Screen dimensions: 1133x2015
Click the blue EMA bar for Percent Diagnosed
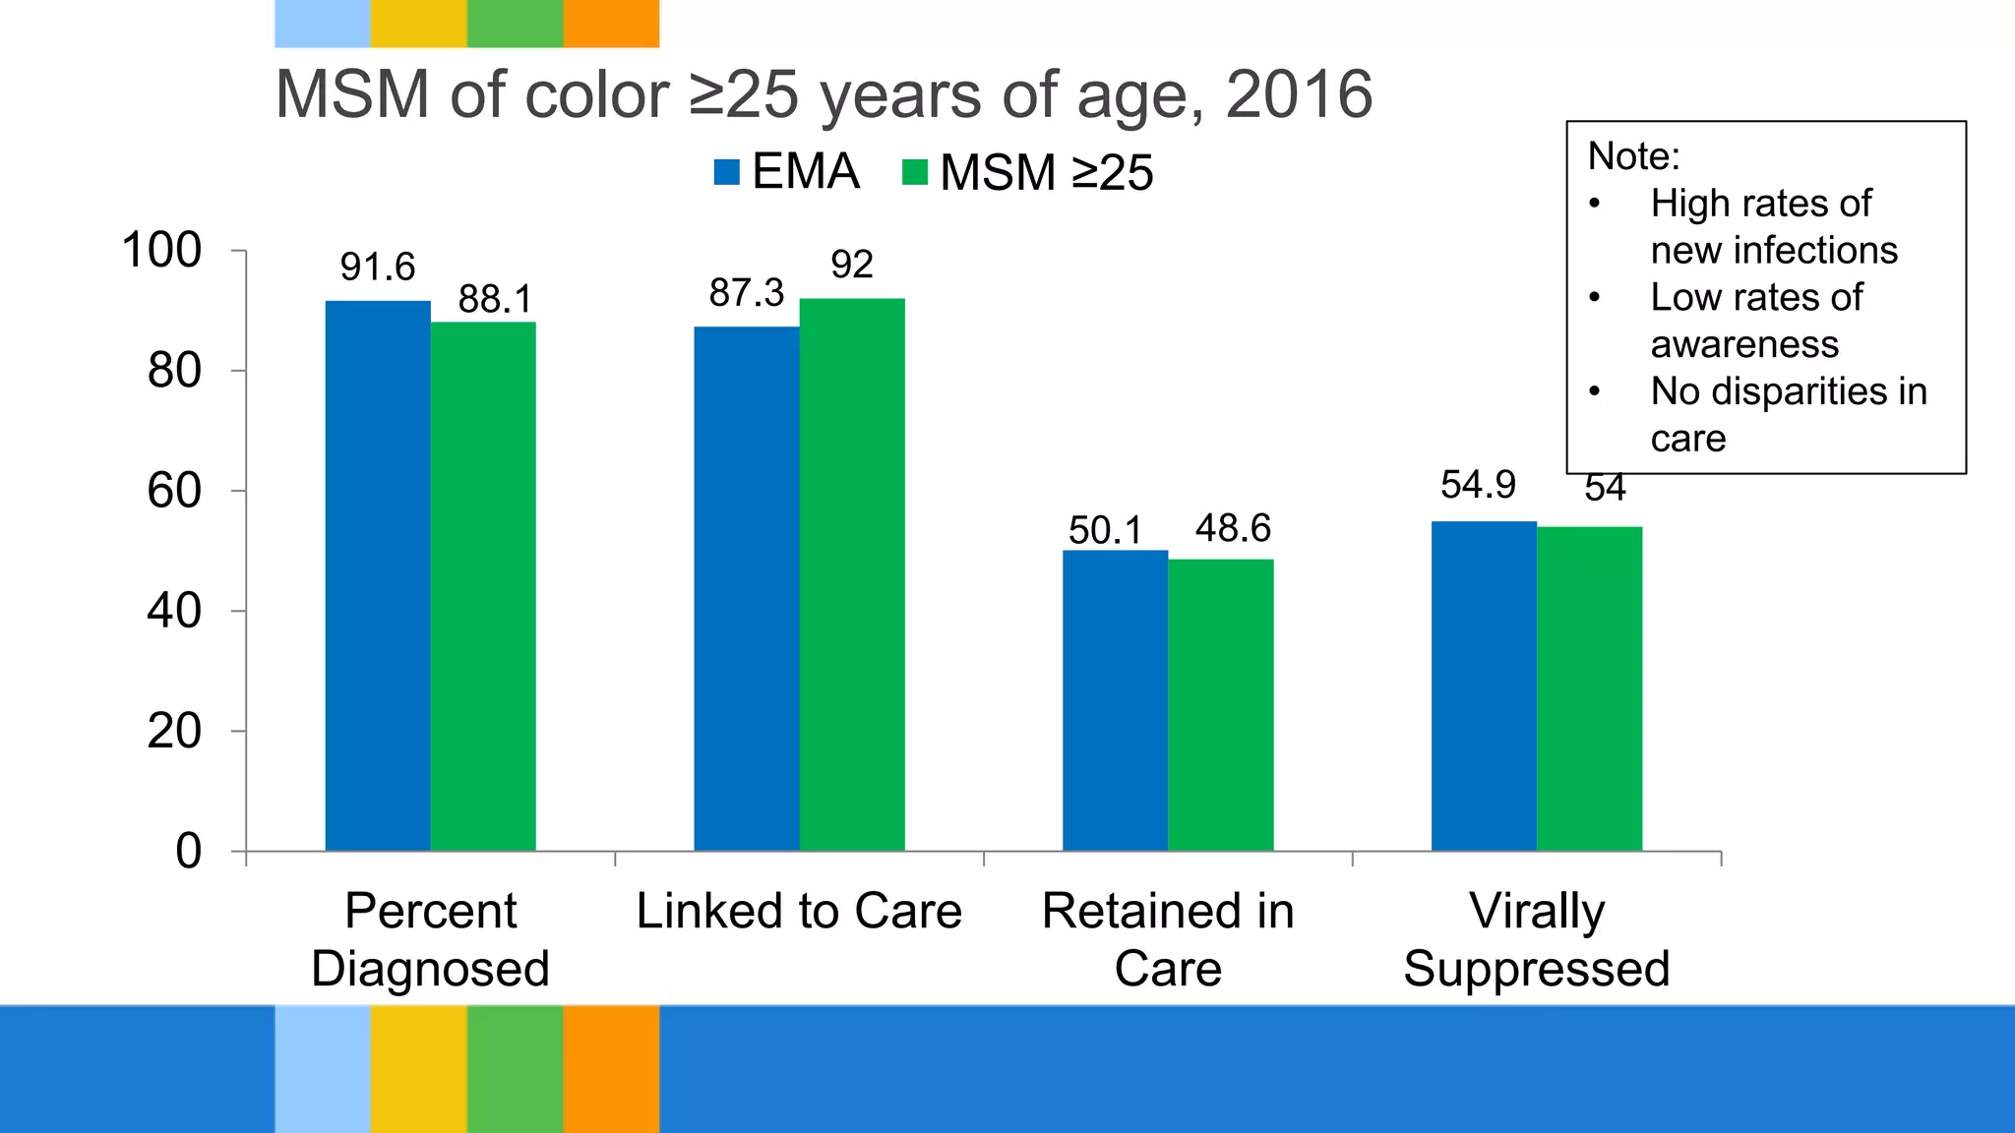click(378, 575)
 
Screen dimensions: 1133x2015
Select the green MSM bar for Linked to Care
click(852, 574)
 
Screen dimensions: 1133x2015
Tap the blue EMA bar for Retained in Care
click(1115, 700)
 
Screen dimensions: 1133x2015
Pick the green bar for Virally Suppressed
click(1589, 688)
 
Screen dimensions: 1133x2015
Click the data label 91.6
click(378, 267)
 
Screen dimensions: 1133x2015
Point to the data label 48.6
click(1233, 528)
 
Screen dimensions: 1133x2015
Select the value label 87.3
click(747, 292)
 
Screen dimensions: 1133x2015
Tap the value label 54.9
click(1478, 484)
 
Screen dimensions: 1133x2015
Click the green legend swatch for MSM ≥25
click(915, 172)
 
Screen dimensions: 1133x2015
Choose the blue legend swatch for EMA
click(726, 172)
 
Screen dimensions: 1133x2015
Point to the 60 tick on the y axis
click(174, 491)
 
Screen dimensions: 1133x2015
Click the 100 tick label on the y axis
click(161, 250)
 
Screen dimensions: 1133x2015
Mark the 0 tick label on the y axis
click(188, 851)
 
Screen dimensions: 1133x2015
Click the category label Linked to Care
click(799, 911)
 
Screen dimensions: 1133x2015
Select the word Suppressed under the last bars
click(1536, 969)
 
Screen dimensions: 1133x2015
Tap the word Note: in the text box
click(1633, 156)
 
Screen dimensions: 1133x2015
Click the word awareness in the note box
click(1744, 344)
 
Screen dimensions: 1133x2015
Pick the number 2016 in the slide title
click(1299, 94)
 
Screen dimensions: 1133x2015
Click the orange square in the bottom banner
click(611, 1068)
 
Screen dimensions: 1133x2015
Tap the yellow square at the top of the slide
click(418, 24)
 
